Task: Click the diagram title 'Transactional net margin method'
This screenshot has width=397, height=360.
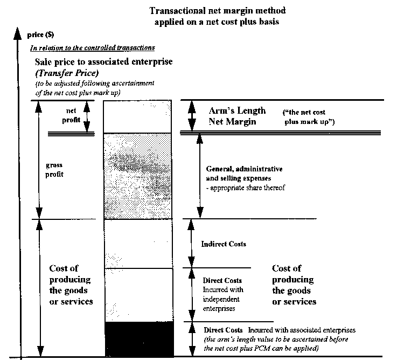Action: (x=217, y=11)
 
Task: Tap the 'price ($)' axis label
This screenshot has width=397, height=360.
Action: (x=40, y=34)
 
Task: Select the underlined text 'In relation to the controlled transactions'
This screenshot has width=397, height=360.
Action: (x=93, y=48)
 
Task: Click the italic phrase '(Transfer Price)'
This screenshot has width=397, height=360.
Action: (x=67, y=73)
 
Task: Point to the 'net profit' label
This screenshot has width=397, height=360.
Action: (x=71, y=115)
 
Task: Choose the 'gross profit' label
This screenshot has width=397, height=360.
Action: (x=54, y=170)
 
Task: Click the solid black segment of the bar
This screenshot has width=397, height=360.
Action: (x=140, y=339)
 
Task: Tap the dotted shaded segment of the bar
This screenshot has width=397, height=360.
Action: (x=138, y=176)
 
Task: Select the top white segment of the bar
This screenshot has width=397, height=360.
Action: (x=137, y=116)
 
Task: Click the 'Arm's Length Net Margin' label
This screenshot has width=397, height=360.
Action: (x=237, y=116)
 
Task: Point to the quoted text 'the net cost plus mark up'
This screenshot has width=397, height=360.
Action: (x=309, y=117)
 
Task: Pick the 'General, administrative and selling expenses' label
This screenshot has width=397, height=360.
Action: (x=245, y=174)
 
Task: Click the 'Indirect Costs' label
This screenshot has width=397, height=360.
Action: (x=224, y=244)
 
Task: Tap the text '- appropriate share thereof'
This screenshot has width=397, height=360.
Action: (x=245, y=188)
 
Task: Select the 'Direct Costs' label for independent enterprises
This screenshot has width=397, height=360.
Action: (x=222, y=280)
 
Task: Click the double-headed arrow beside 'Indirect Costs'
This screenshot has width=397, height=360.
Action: (x=191, y=243)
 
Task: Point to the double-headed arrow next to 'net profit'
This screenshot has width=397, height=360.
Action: (x=87, y=116)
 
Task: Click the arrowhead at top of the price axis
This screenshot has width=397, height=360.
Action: (x=17, y=33)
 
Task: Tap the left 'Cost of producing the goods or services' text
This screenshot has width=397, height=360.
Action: (x=71, y=285)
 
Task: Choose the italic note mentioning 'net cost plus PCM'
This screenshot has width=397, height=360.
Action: (x=276, y=344)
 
